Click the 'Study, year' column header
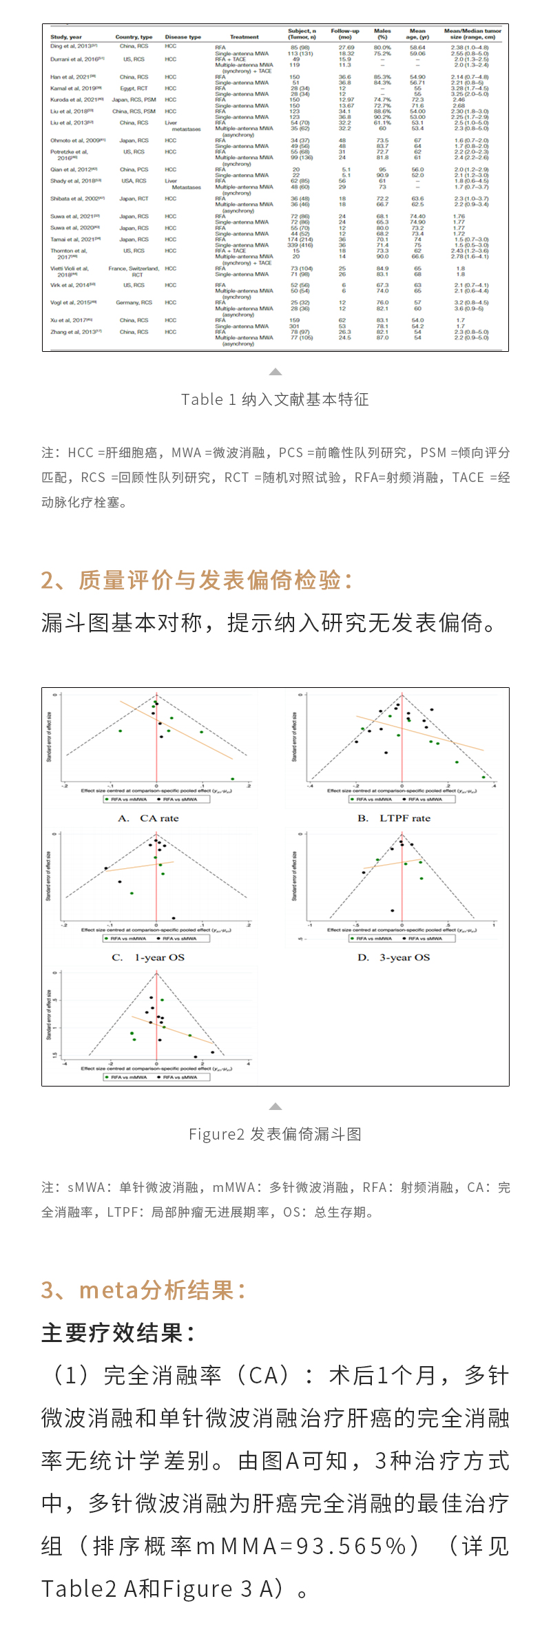click(66, 37)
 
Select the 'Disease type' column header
click(183, 37)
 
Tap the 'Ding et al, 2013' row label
click(73, 46)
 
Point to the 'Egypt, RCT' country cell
click(134, 88)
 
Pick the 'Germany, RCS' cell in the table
click(134, 302)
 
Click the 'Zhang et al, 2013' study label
click(75, 332)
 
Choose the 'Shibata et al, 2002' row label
click(76, 198)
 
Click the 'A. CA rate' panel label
click(148, 818)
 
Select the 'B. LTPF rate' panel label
click(393, 818)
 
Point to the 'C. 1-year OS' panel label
click(148, 957)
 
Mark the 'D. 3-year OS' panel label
click(393, 957)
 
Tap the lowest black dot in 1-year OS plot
click(173, 917)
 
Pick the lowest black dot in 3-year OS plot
click(393, 910)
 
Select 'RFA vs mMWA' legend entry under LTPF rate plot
click(371, 799)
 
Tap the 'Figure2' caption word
click(216, 1134)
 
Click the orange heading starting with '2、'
click(197, 580)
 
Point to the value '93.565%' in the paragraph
click(351, 1546)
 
